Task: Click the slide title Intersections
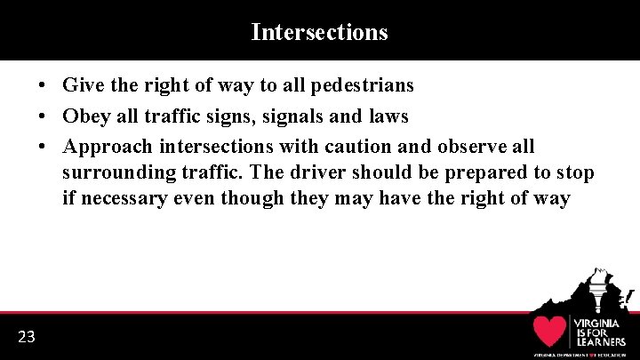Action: coord(319,32)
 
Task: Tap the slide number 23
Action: coord(27,336)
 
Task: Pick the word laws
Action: coord(387,116)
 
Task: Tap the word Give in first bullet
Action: coord(81,85)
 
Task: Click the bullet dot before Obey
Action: coord(42,116)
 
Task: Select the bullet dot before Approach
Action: coord(42,146)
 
